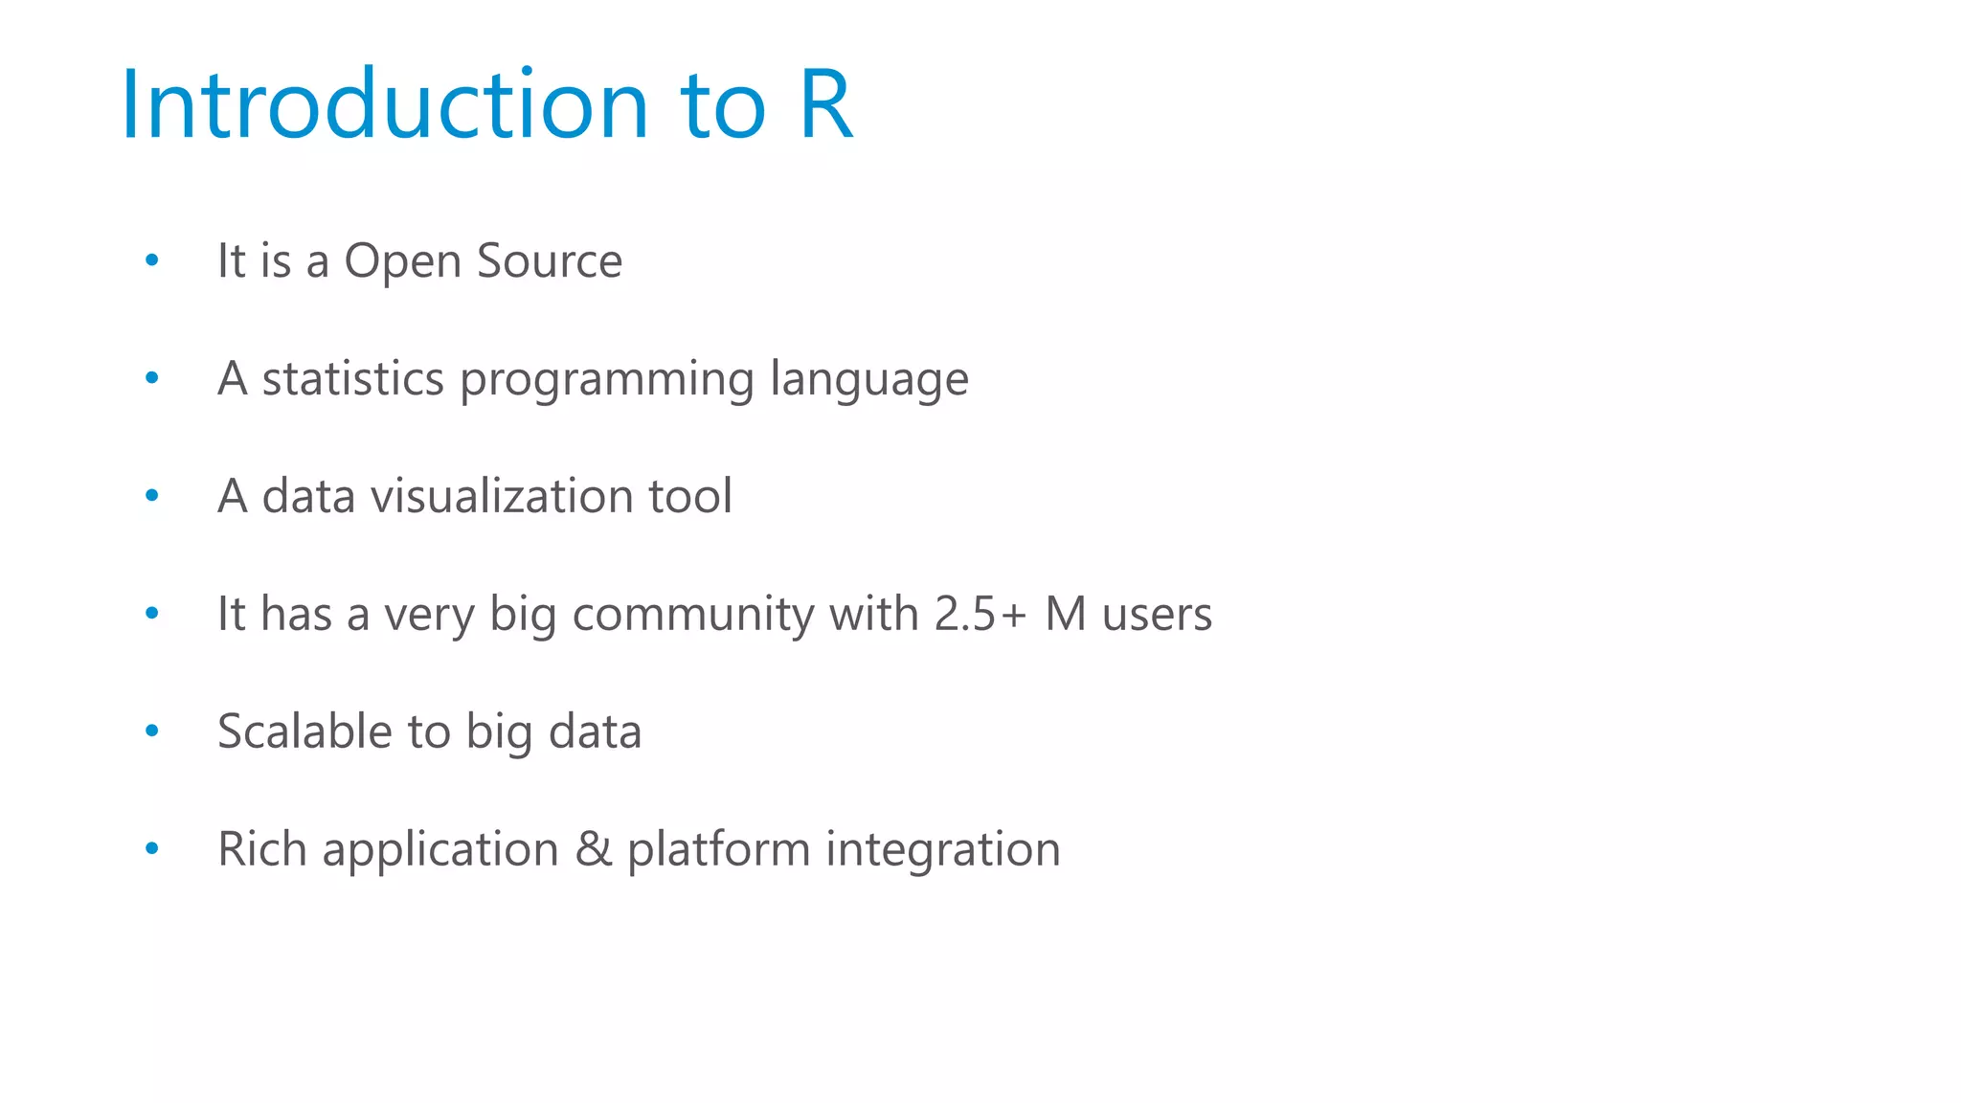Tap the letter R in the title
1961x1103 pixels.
point(824,104)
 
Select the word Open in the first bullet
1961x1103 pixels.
point(402,262)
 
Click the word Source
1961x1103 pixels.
point(550,260)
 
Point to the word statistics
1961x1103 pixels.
point(352,378)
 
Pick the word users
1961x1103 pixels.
point(1157,614)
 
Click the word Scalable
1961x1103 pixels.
point(304,732)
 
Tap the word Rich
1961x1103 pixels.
point(261,849)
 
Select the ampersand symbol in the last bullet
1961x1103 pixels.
point(594,849)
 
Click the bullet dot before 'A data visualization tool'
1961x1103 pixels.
point(151,496)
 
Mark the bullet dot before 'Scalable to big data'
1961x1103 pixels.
point(151,732)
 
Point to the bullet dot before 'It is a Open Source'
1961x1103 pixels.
point(151,260)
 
